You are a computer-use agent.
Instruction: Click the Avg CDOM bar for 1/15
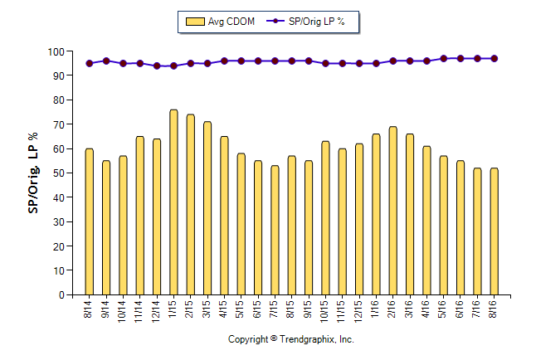pyautogui.click(x=173, y=202)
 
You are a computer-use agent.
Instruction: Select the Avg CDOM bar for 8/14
pyautogui.click(x=89, y=221)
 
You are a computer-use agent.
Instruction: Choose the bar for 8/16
pyautogui.click(x=494, y=231)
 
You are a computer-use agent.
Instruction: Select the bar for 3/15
pyautogui.click(x=207, y=208)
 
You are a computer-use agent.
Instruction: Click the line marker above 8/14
pyautogui.click(x=89, y=63)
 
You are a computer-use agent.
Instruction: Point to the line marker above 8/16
pyautogui.click(x=494, y=59)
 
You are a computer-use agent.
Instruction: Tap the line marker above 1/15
pyautogui.click(x=173, y=66)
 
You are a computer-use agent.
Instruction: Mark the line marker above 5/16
pyautogui.click(x=443, y=59)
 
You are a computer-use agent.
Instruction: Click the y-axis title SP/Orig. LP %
pyautogui.click(x=33, y=173)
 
